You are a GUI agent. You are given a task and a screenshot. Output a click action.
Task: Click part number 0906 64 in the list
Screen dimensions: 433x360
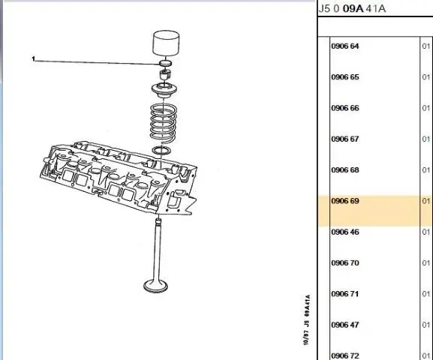pyautogui.click(x=345, y=46)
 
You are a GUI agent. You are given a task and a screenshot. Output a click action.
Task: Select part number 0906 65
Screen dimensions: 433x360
pyautogui.click(x=345, y=77)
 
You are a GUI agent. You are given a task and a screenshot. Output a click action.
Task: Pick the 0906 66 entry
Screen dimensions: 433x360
pyautogui.click(x=345, y=108)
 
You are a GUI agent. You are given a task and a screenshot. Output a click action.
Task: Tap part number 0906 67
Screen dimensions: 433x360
pyautogui.click(x=345, y=139)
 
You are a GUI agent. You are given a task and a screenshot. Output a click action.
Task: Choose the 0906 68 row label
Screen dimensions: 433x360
pyautogui.click(x=345, y=169)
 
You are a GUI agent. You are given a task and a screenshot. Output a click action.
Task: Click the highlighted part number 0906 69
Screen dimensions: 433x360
pyautogui.click(x=345, y=201)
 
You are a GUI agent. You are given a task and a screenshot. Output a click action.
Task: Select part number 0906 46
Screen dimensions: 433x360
pyautogui.click(x=345, y=232)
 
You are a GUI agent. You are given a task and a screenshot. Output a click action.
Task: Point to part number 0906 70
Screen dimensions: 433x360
pyautogui.click(x=345, y=262)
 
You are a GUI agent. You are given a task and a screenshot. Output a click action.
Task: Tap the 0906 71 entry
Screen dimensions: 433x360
pyautogui.click(x=345, y=294)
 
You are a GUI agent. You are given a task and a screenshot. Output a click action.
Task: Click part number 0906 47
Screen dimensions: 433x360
pyautogui.click(x=345, y=325)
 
